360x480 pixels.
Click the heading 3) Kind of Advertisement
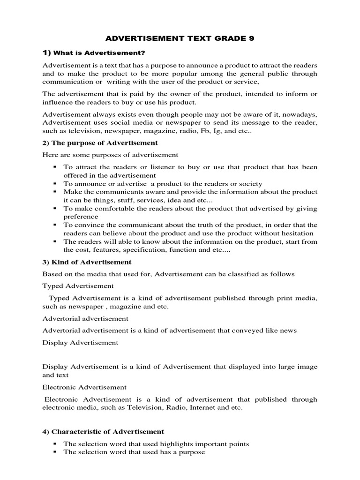click(x=87, y=262)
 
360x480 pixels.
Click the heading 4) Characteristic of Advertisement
click(x=103, y=431)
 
